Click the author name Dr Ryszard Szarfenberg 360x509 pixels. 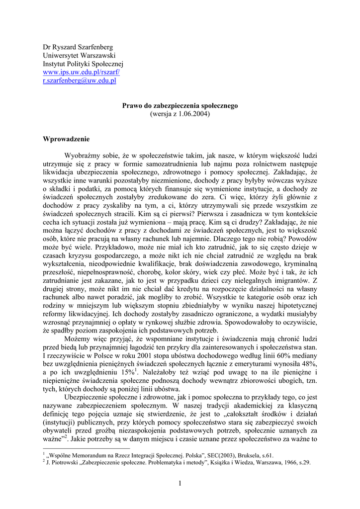[78, 47]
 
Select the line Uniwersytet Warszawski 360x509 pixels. [79, 56]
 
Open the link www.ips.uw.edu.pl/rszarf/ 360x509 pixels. [82, 72]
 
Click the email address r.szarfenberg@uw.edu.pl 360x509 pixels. [80, 81]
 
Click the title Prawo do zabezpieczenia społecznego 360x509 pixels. [180, 106]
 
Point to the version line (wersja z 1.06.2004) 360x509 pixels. [180, 114]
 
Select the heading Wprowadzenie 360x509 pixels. [66, 139]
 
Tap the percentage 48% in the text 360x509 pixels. [309, 364]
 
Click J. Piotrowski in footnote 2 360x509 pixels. [63, 462]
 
